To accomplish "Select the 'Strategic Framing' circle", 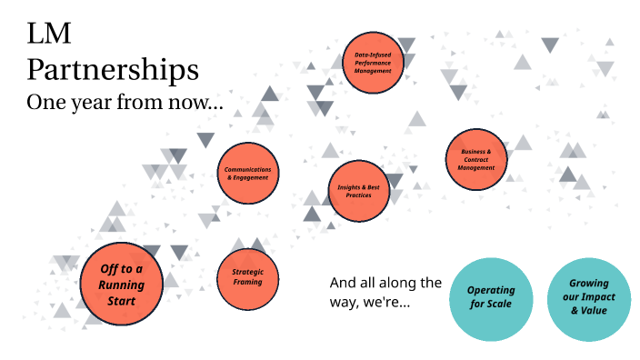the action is (x=247, y=276).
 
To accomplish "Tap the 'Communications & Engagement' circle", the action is (x=247, y=173).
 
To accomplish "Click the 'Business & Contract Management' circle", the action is (x=476, y=160).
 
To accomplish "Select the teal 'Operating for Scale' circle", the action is (x=491, y=298).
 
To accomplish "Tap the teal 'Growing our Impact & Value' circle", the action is (x=590, y=298).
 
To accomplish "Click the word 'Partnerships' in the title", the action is (x=114, y=70).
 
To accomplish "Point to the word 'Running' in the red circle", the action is (x=123, y=284).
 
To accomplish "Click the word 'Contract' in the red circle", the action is (x=476, y=160).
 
